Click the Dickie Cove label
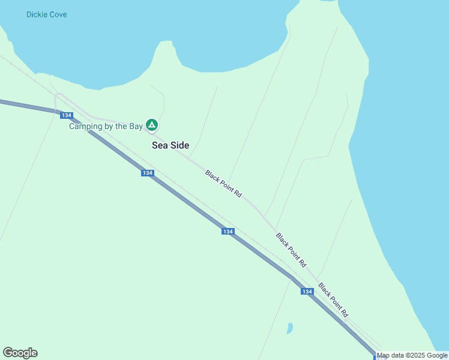point(47,14)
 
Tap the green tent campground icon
point(152,125)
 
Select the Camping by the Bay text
point(106,126)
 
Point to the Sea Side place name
point(170,145)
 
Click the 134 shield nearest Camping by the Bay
point(67,115)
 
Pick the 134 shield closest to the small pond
point(307,292)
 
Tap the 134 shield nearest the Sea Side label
point(148,173)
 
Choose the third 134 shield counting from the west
point(228,232)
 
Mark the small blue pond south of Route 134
point(290,328)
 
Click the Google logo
point(20,353)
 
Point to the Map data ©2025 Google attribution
point(412,355)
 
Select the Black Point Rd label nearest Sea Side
point(223,184)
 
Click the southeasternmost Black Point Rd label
point(333,300)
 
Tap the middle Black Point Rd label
point(291,250)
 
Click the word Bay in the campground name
point(136,126)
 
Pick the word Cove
point(58,14)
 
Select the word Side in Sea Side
point(180,145)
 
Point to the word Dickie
point(37,14)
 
